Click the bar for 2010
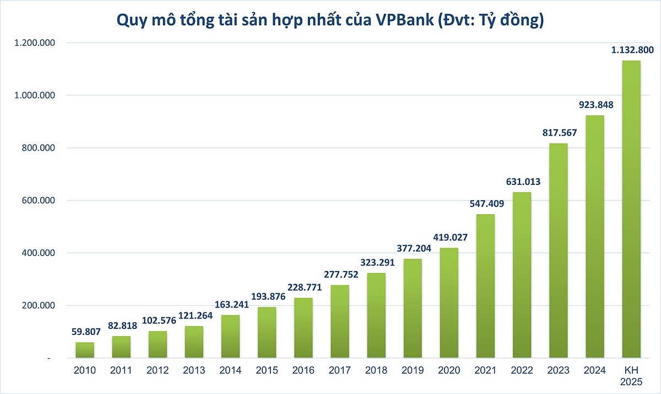[85, 350]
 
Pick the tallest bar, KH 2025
[631, 210]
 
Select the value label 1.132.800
[632, 50]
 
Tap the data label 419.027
[449, 237]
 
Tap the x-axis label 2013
[194, 370]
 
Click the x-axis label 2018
[376, 370]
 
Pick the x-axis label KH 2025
[631, 375]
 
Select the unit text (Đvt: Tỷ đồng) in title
[489, 20]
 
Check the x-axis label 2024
[594, 370]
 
